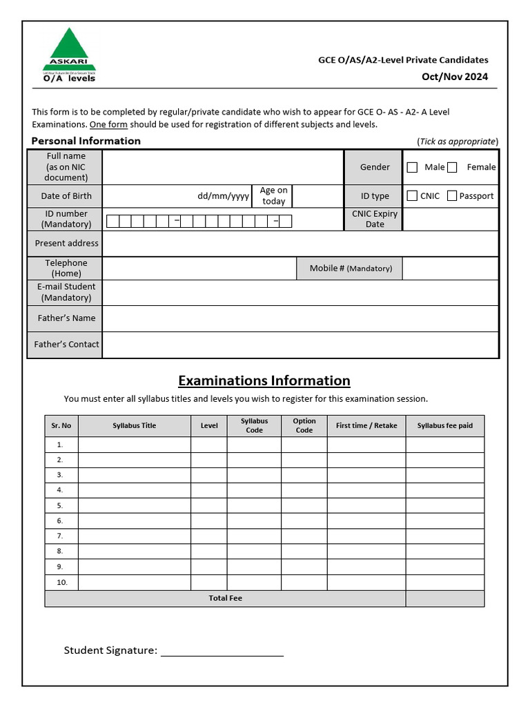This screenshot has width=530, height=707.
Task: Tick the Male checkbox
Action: pyautogui.click(x=412, y=167)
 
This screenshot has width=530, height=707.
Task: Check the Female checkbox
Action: pyautogui.click(x=452, y=167)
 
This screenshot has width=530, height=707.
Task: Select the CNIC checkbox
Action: pyautogui.click(x=412, y=196)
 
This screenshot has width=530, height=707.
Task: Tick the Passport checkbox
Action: pyautogui.click(x=452, y=196)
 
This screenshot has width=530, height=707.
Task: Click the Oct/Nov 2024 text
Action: pyautogui.click(x=455, y=77)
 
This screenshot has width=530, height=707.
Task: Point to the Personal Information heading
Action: pyautogui.click(x=86, y=141)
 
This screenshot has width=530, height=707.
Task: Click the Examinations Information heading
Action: pyautogui.click(x=264, y=380)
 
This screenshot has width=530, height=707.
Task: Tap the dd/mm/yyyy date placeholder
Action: pyautogui.click(x=223, y=196)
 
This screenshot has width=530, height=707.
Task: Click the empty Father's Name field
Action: pyautogui.click(x=300, y=318)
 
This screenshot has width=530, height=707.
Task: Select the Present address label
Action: pyautogui.click(x=67, y=243)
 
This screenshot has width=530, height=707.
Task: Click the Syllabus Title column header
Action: pyautogui.click(x=135, y=426)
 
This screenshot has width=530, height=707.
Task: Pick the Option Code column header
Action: pyautogui.click(x=304, y=425)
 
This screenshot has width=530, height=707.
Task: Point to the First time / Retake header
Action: pyautogui.click(x=366, y=426)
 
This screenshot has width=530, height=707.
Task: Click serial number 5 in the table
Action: pyautogui.click(x=61, y=505)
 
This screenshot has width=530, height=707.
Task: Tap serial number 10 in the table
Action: pyautogui.click(x=61, y=582)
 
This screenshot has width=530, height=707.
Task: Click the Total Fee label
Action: pyautogui.click(x=226, y=598)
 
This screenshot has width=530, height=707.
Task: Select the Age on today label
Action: pyautogui.click(x=274, y=195)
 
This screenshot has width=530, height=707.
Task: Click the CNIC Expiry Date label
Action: pyautogui.click(x=375, y=219)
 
